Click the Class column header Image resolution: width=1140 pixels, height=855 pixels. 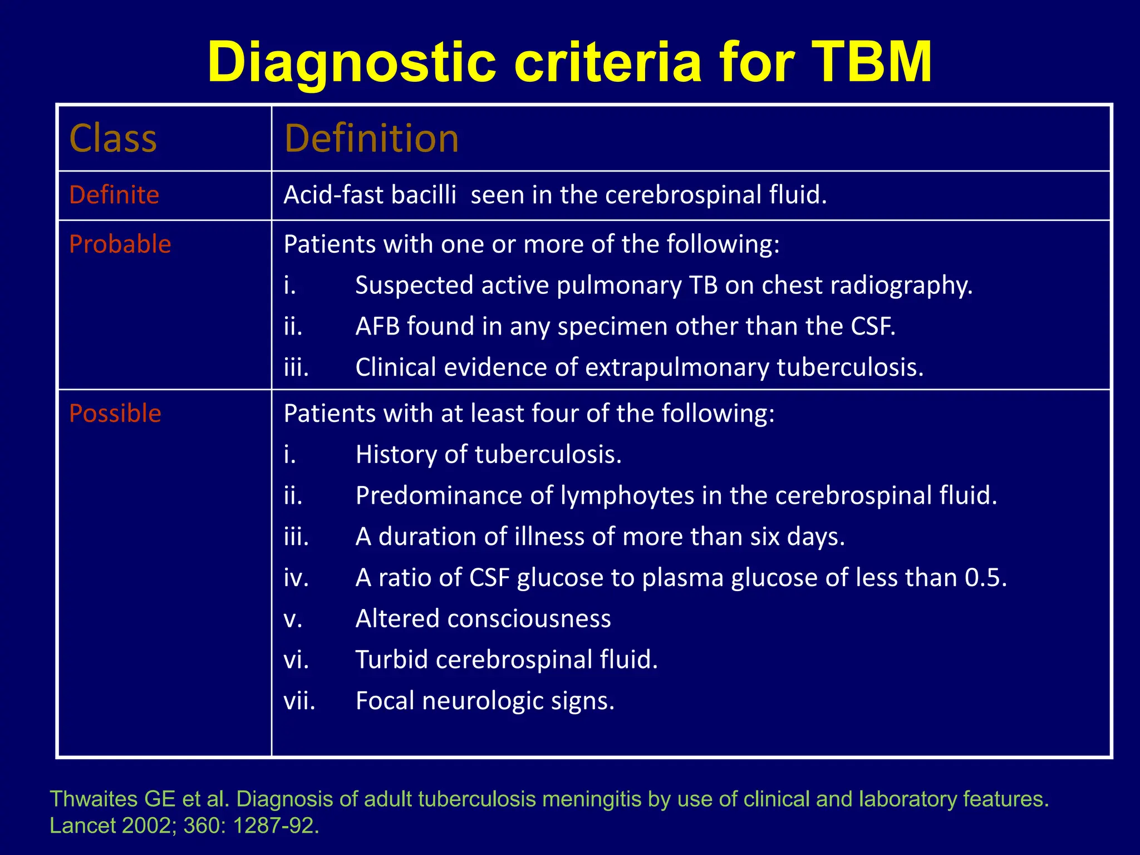coord(113,139)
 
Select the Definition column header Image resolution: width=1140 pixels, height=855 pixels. coord(371,139)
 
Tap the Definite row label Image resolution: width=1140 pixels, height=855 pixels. coord(114,195)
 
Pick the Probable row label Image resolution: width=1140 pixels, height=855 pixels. coord(120,244)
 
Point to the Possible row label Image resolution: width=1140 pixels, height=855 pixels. coord(115,414)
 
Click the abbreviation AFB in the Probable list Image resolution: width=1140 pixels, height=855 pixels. coord(377,326)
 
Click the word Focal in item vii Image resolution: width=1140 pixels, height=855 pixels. coord(385,701)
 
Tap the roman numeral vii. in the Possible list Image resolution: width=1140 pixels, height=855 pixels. coord(299,701)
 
